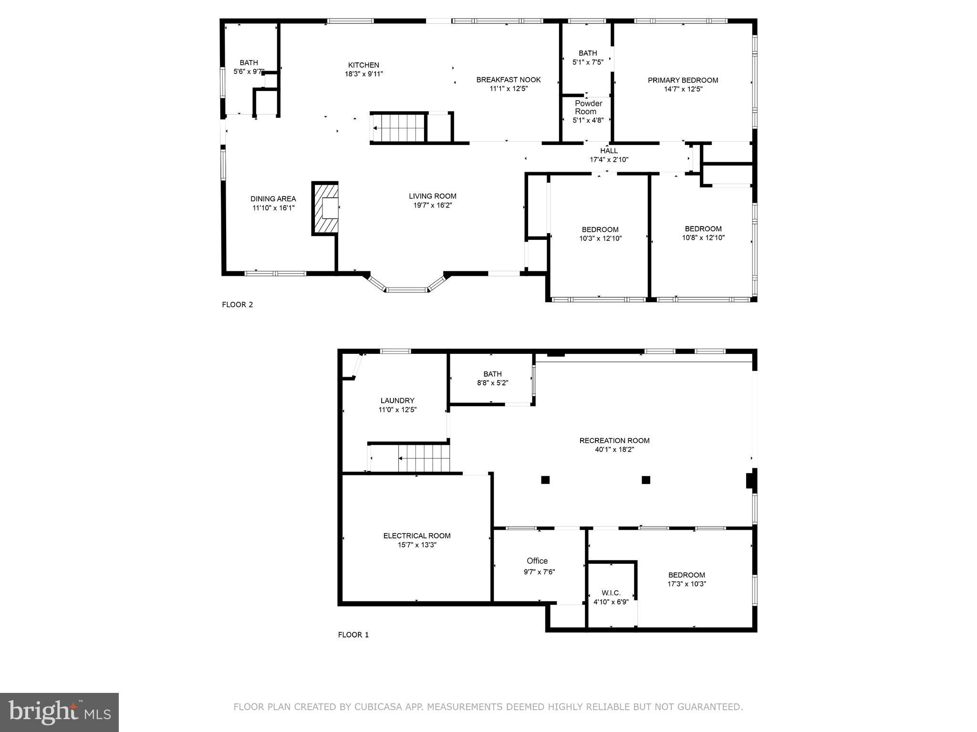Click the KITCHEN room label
[364, 65]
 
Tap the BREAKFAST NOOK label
[509, 80]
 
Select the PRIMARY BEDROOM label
[683, 80]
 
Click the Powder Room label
[588, 107]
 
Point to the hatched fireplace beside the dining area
[325, 208]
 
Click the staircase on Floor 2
[398, 128]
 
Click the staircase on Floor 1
[424, 458]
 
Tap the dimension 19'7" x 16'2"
[432, 205]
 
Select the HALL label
[609, 151]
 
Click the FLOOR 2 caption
[237, 305]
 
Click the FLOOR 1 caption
[353, 635]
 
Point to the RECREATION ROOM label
[614, 441]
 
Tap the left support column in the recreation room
[545, 480]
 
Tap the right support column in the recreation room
[646, 480]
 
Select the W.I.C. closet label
[611, 593]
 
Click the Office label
[537, 561]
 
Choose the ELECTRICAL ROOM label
[416, 536]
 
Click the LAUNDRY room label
[397, 401]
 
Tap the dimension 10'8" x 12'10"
[703, 237]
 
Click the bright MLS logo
[59, 712]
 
